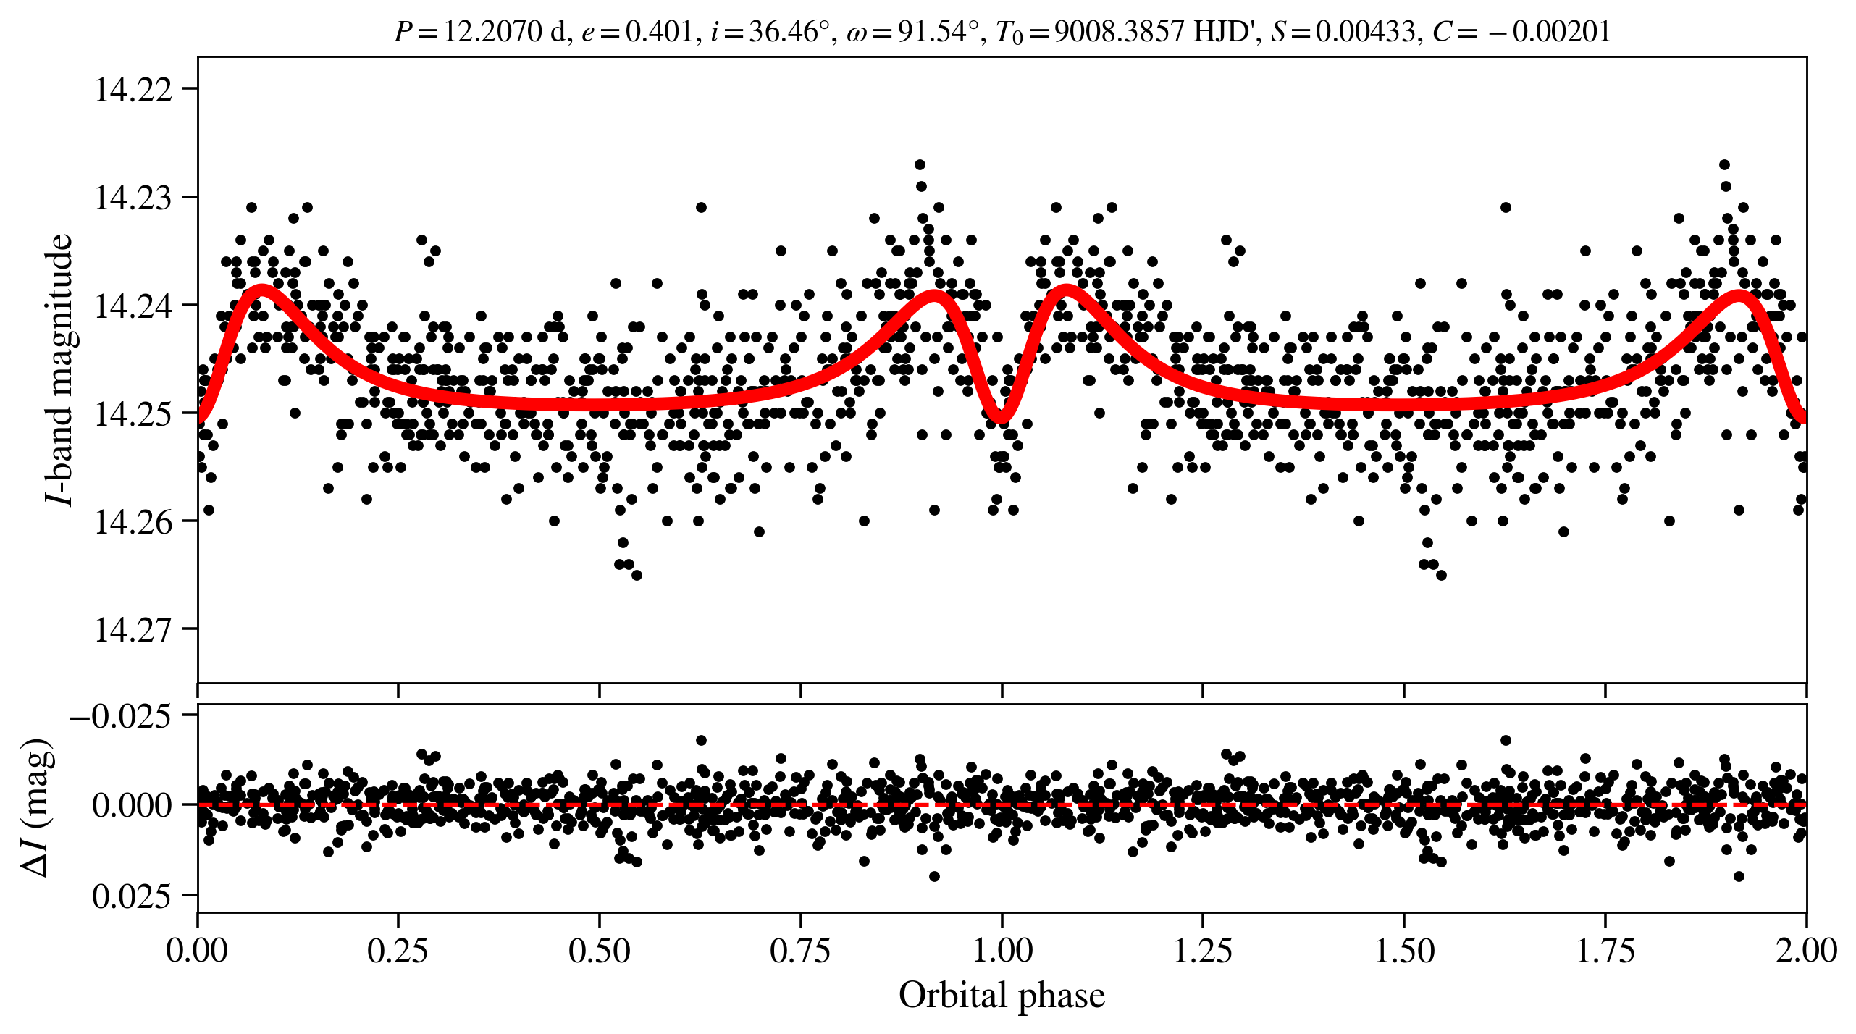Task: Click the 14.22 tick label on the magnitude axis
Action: [x=133, y=90]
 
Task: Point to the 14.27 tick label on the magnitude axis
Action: [x=133, y=630]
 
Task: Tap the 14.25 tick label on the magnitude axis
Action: [x=133, y=414]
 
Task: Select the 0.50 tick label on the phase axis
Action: [x=599, y=951]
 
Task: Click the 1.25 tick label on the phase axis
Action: [x=1202, y=951]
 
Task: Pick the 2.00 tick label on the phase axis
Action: [x=1805, y=951]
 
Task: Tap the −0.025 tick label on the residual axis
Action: [x=121, y=716]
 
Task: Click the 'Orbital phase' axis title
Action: [x=1002, y=996]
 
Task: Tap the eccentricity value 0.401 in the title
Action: [x=659, y=32]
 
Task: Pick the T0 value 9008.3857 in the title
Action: [x=1119, y=32]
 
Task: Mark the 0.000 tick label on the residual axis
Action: [x=132, y=806]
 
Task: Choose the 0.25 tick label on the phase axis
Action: [x=398, y=951]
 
